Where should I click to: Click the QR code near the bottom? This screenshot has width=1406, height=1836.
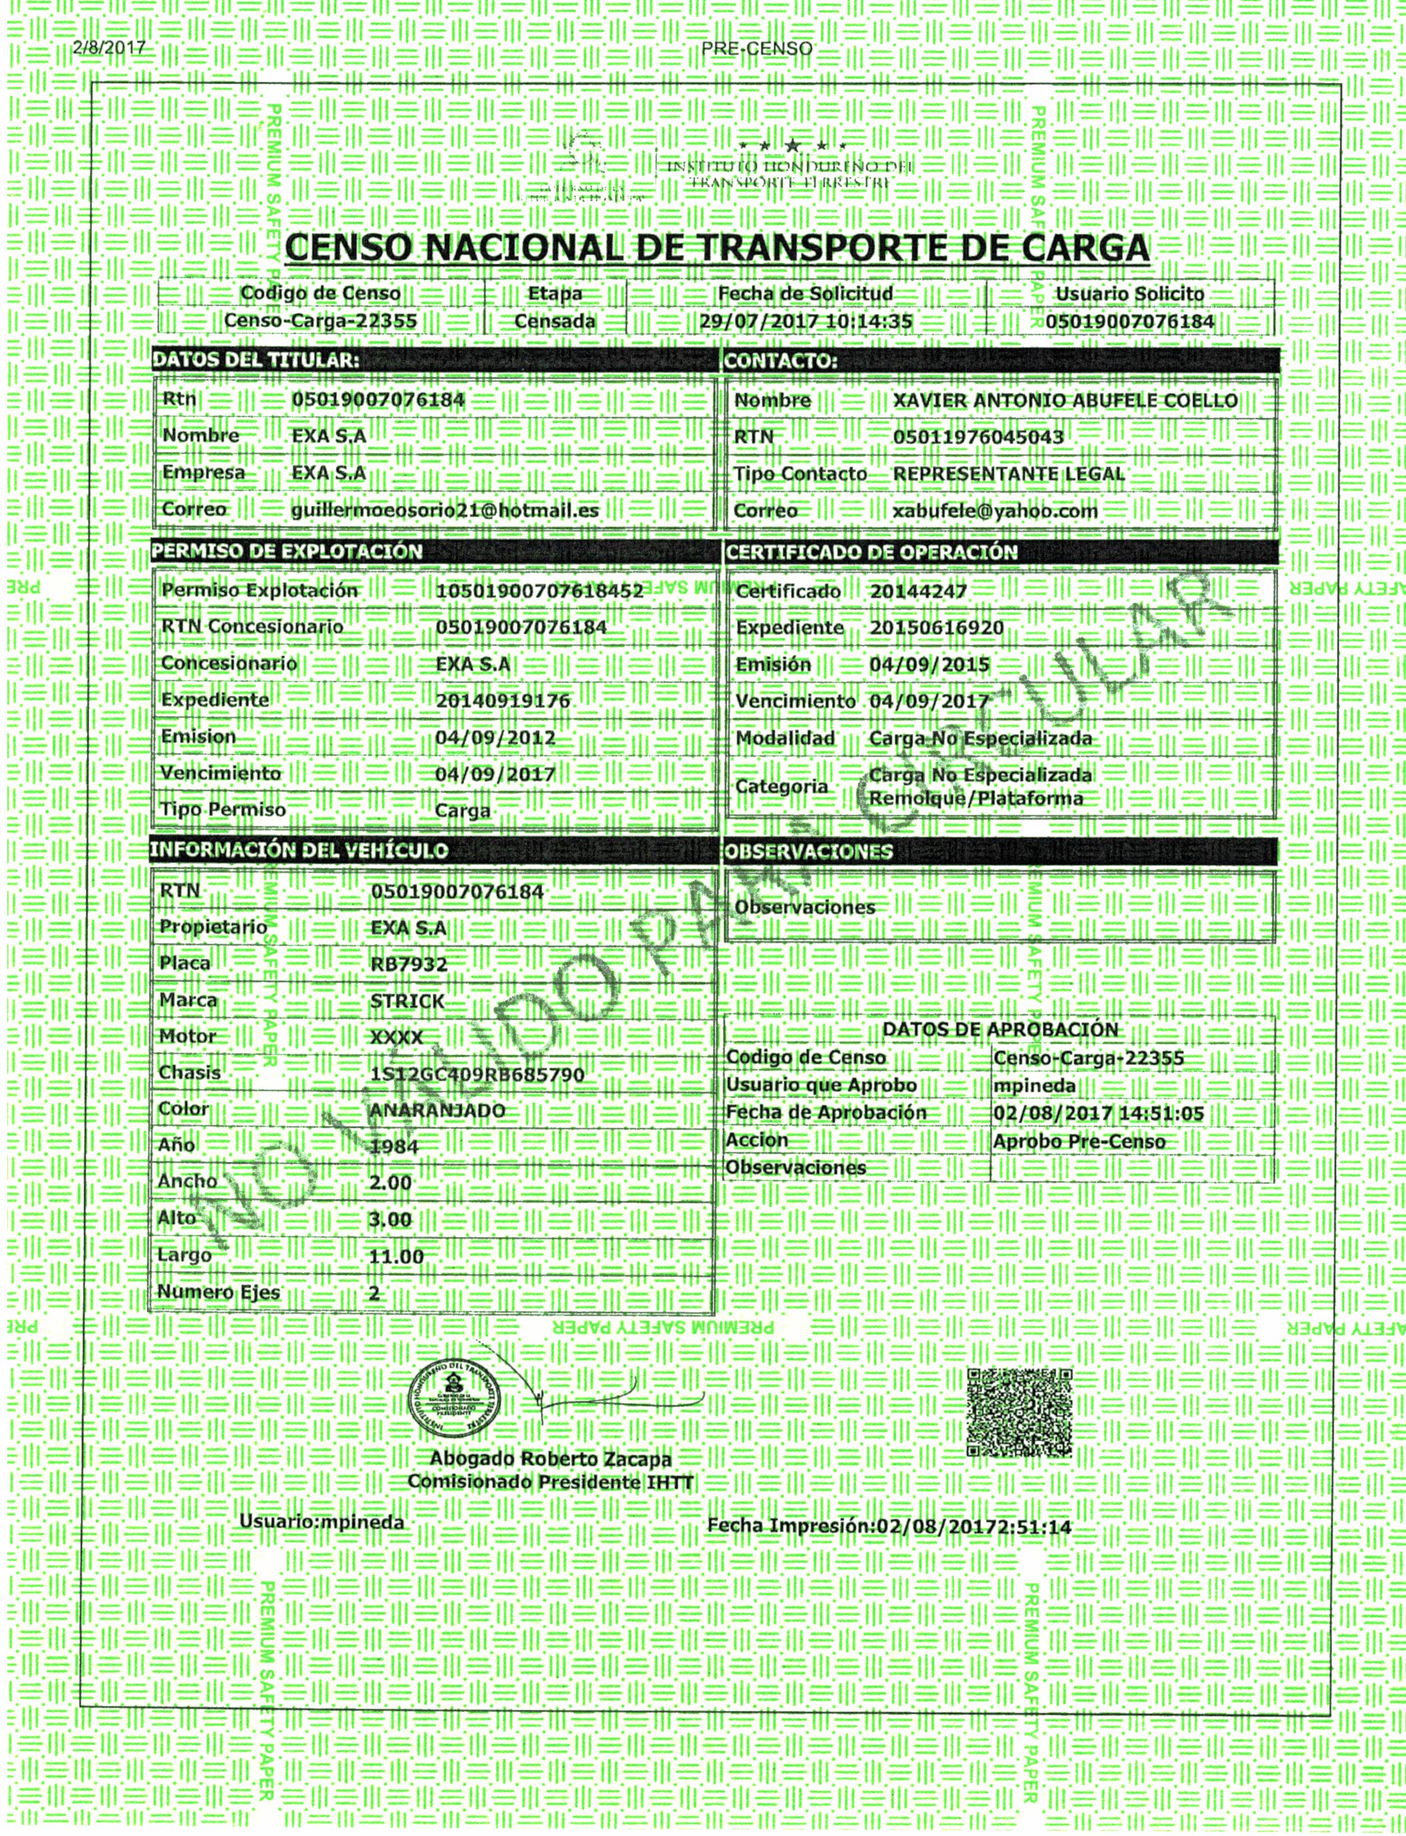(1019, 1413)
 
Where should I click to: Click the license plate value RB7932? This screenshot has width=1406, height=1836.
(409, 963)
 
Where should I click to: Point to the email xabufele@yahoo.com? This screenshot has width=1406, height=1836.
(995, 511)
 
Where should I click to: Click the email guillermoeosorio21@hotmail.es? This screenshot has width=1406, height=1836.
(445, 509)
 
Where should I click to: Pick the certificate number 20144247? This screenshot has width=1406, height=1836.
(918, 591)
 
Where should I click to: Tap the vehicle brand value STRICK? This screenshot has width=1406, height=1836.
(408, 1000)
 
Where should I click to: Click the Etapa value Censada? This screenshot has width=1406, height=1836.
(554, 321)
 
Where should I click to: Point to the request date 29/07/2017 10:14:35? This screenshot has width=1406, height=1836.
(805, 321)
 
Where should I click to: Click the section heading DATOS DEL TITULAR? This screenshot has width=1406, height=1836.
(256, 361)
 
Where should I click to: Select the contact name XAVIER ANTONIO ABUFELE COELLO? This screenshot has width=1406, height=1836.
(1065, 401)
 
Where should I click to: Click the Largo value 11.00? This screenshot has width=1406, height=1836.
(396, 1257)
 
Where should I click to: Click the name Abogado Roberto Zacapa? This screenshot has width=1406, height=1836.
(550, 1459)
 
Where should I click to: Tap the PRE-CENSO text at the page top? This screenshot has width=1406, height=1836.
(757, 49)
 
